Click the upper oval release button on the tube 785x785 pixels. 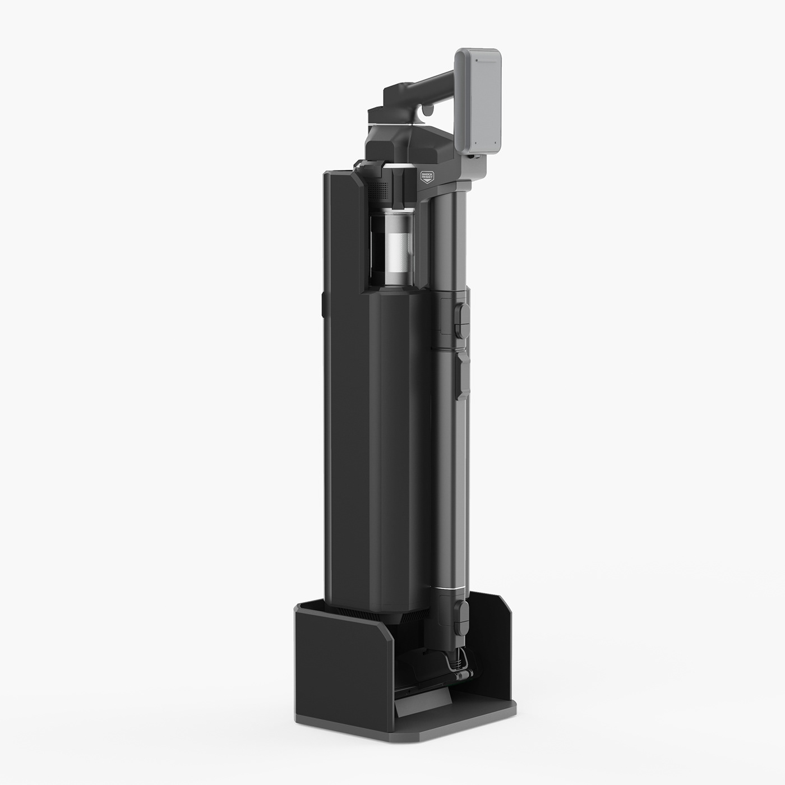463,320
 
